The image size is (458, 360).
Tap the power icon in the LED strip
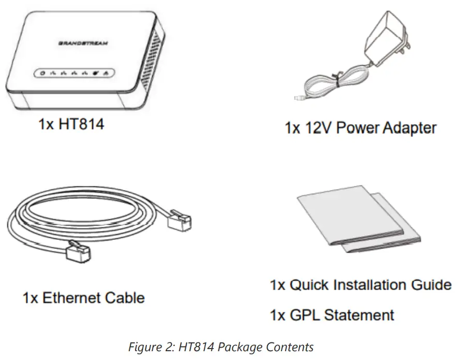(x=43, y=73)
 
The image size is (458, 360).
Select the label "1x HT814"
(x=70, y=124)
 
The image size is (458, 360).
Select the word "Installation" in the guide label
(x=373, y=285)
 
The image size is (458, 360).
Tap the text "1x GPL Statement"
(x=332, y=314)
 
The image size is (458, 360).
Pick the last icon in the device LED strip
(x=106, y=73)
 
